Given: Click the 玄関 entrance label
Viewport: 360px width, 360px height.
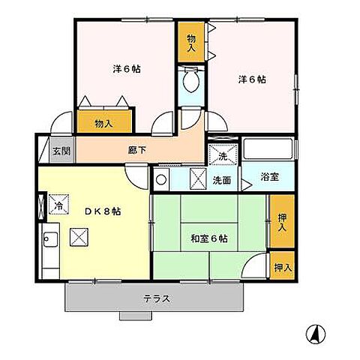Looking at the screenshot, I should coord(61,151).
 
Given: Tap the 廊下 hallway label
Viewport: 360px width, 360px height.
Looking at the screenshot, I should coord(137,150).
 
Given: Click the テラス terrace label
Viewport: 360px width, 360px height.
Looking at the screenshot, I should coord(157,298).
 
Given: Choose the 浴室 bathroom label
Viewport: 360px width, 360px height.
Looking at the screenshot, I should coord(270,178).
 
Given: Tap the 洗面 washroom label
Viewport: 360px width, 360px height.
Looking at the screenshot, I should coord(220,180).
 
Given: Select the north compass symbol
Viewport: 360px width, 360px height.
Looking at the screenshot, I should coord(317,335).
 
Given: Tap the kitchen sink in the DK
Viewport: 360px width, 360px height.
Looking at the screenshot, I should coord(49,241).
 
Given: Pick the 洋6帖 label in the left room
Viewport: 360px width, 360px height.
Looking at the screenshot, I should coord(127,68).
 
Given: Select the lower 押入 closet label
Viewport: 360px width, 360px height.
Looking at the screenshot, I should coord(281,266).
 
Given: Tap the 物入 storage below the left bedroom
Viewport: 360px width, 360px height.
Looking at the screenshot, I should coord(105,123).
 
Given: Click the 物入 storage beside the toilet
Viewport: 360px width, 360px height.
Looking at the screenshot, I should coord(190,43).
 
